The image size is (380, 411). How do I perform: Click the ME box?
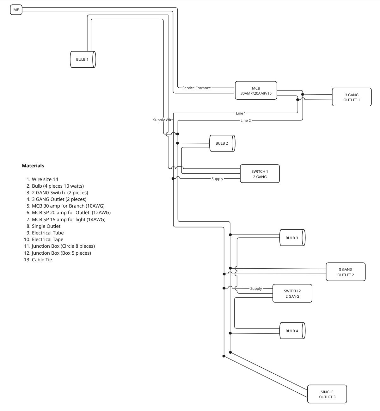pos(16,10)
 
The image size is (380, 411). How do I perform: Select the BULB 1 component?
pos(83,59)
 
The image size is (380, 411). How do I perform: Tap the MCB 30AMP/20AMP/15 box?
pos(256,91)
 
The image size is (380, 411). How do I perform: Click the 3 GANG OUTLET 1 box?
pos(352,97)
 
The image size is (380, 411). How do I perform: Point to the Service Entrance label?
pos(196,88)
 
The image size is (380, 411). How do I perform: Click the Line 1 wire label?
pos(241,113)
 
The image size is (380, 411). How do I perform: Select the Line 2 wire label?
pos(246,121)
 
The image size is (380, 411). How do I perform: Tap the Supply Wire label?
pos(163,120)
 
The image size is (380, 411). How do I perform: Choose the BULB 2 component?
pos(222,143)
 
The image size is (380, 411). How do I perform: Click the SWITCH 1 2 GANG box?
pos(260,174)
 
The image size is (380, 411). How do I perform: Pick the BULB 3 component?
pos(292,238)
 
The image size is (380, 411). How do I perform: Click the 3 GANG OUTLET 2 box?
pos(346,272)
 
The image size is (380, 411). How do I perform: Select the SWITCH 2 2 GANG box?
pos(292,294)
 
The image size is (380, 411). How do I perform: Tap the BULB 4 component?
pos(292,331)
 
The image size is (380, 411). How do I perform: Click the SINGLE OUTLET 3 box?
pos(327,394)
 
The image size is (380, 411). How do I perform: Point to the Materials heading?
pos(33,166)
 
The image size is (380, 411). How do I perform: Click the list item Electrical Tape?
pos(47,240)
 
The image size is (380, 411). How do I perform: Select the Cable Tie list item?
pos(42,260)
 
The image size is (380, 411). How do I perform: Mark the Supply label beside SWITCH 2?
pos(256,289)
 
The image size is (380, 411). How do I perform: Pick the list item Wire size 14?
pos(45,179)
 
